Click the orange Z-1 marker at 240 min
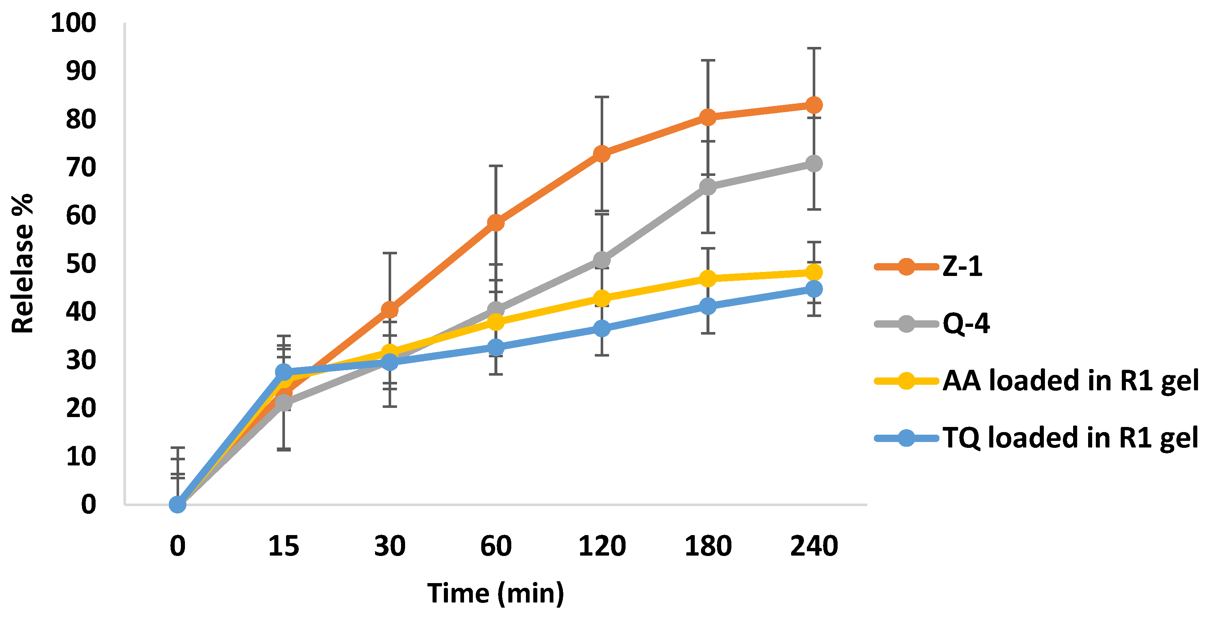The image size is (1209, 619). tap(813, 105)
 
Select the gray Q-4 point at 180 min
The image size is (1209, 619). tap(708, 187)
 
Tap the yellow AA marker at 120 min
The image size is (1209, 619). tap(602, 298)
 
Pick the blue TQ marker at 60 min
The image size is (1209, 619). tap(496, 347)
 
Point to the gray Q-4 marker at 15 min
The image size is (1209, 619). tap(283, 402)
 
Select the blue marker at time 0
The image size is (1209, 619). tap(177, 505)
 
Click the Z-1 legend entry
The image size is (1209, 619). tap(962, 266)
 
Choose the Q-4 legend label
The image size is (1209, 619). tap(966, 324)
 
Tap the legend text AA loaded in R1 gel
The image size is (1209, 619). tap(1070, 380)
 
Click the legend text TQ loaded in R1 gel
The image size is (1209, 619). tap(1070, 438)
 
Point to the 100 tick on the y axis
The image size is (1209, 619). tap(73, 23)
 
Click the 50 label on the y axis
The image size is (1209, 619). tap(81, 264)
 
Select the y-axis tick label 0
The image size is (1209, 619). tap(88, 505)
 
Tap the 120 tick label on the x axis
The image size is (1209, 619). tap(602, 546)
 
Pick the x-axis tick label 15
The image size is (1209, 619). tap(283, 546)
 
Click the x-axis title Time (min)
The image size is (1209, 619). tap(496, 593)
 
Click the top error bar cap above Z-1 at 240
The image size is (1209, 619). tap(813, 48)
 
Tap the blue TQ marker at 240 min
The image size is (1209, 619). tap(813, 289)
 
